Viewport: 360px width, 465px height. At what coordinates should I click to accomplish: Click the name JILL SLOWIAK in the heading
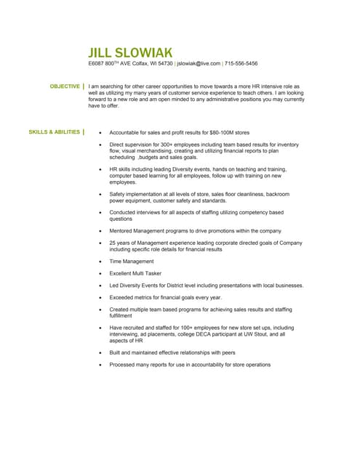130,52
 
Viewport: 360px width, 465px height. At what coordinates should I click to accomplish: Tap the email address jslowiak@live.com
199,64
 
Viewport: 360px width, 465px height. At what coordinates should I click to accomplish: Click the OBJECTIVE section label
65,86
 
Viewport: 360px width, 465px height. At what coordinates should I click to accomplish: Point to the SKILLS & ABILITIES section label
55,132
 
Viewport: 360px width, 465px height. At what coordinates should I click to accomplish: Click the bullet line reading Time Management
132,261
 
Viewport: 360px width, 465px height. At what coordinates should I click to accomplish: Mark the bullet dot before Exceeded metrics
100,298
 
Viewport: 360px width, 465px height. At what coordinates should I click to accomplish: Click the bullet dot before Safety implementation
100,194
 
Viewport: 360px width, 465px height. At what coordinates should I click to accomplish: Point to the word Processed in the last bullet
124,365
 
